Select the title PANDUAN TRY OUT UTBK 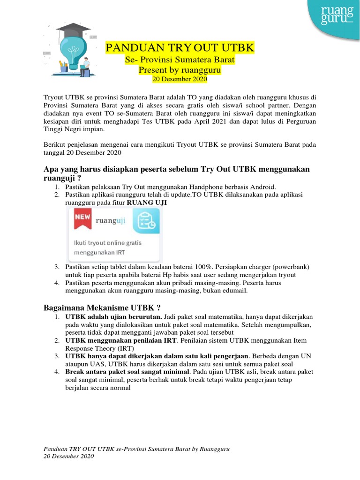click(x=180, y=48)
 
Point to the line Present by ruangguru click(x=180, y=70)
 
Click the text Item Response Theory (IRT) click(x=99, y=348)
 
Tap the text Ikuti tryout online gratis click(x=107, y=243)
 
